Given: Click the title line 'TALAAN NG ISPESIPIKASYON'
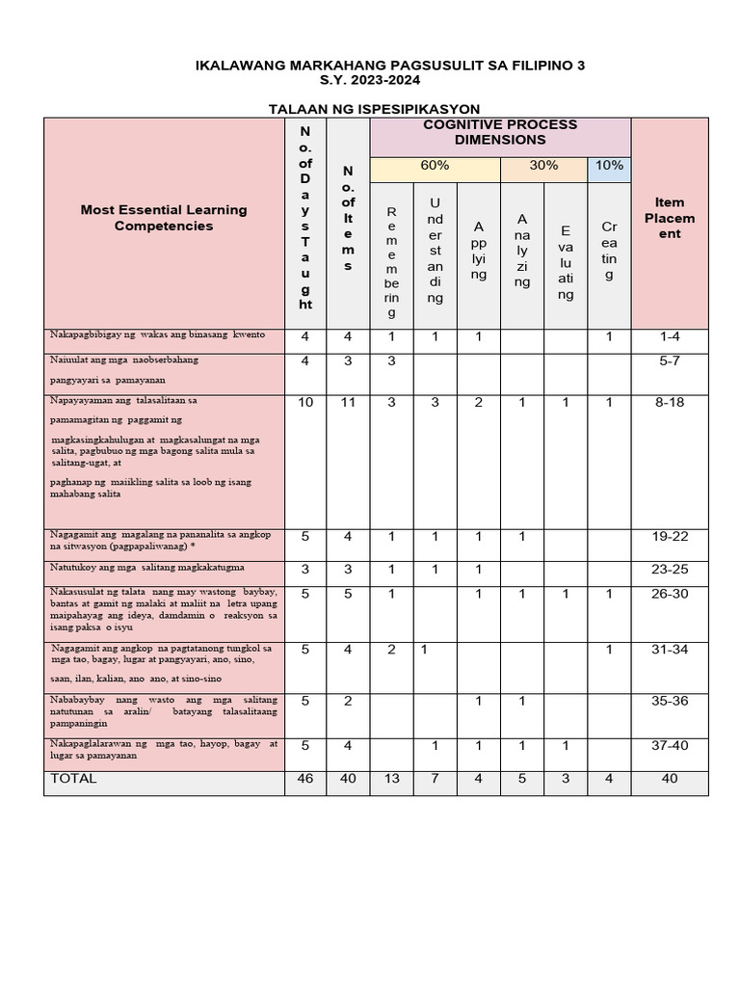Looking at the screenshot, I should (374, 109).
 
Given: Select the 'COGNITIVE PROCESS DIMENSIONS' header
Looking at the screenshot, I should (500, 132).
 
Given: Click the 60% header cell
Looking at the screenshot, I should (435, 166).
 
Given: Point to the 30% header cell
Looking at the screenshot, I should (543, 166).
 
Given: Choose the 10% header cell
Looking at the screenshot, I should (609, 166).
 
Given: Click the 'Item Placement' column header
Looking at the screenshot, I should (669, 218).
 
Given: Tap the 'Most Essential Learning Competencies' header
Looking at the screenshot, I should (164, 218).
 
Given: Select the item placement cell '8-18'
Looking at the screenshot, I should (669, 402).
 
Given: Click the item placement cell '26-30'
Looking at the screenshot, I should (669, 594).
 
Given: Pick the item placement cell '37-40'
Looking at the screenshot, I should (669, 745).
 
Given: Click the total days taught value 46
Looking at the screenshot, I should (305, 779).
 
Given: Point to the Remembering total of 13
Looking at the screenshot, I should (391, 779).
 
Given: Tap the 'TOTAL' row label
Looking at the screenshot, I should (74, 778).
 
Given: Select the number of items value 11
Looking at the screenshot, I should (348, 402).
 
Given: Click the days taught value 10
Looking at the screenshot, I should (305, 402).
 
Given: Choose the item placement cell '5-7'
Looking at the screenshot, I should (669, 360).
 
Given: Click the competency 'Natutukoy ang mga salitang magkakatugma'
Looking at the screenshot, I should (146, 569).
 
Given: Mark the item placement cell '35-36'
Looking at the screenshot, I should (669, 701).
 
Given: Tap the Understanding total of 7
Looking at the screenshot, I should (435, 779).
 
